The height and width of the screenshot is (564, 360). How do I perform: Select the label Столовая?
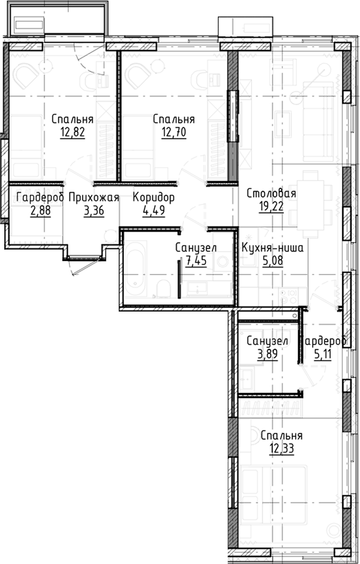pos(271,194)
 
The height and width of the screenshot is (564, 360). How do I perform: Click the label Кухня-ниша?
pos(273,248)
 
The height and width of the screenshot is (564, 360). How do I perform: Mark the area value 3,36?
pos(94,209)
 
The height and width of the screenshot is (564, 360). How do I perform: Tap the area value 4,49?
pos(154,209)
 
